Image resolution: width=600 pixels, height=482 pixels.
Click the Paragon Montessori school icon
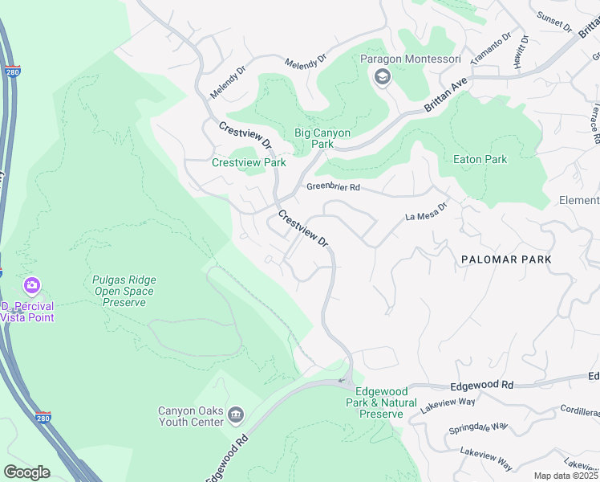pos(382,77)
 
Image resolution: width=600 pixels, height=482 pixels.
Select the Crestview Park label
pos(249,162)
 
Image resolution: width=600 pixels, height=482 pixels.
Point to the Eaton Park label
pos(480,159)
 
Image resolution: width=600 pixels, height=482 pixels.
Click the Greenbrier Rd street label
pos(333,187)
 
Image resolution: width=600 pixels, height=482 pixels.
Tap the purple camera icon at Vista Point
pos(32,285)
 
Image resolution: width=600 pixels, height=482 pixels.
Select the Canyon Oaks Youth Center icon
pos(236,415)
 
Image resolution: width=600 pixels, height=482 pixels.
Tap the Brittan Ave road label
pos(447,97)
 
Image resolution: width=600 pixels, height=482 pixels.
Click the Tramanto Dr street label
pos(492,51)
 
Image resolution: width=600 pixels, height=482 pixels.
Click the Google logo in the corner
pos(26,472)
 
